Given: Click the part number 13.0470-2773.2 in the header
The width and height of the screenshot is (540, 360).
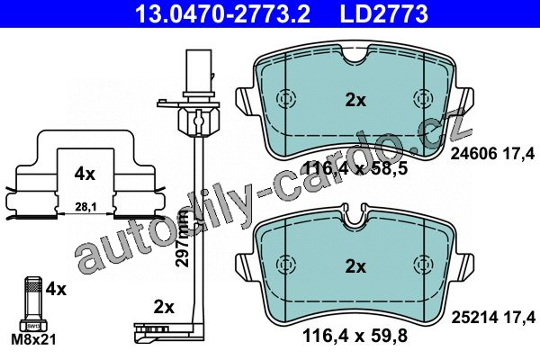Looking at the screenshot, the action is coord(223,13).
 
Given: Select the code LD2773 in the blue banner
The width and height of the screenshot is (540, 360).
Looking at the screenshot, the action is coord(384,13).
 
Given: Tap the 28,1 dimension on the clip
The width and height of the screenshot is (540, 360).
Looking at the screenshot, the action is coord(85,207).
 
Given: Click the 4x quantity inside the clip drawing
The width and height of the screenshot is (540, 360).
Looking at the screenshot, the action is coord(85,175).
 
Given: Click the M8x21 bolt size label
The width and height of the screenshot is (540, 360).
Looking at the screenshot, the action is coord(33,339).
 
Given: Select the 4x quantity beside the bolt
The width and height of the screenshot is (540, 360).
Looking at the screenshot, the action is coord(56,289).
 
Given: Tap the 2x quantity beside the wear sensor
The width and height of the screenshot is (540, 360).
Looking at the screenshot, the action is coord(164,307).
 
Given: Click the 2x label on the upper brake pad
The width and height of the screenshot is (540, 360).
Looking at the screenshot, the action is coord(355,100).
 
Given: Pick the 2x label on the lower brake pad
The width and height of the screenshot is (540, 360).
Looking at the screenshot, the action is coord(355,266).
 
